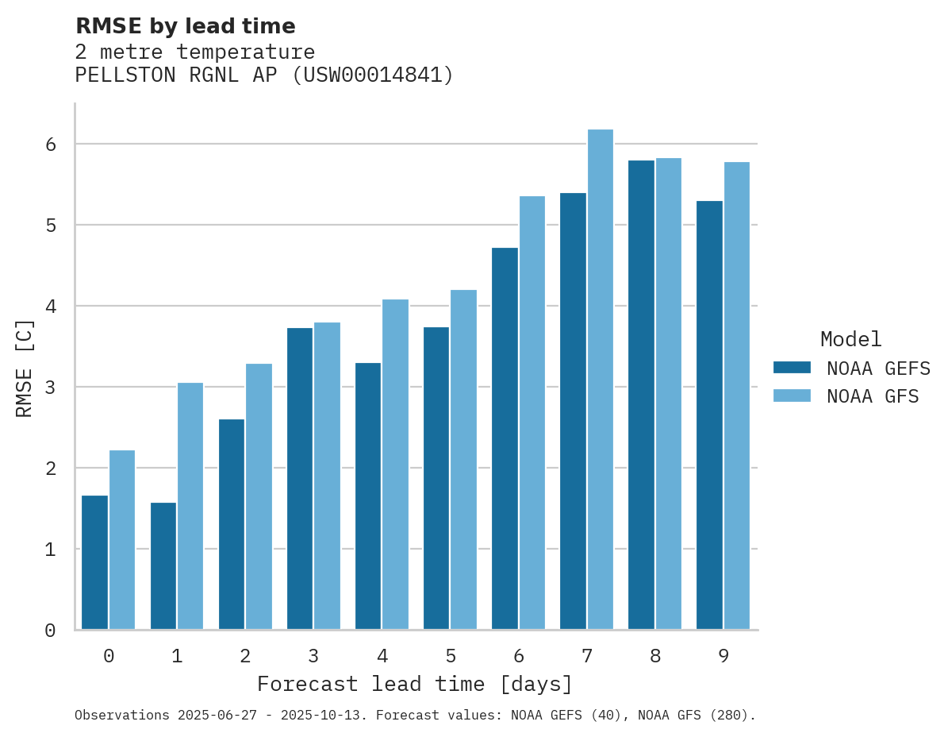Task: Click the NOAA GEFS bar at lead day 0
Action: pos(94,562)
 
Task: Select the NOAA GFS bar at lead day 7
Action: pos(601,380)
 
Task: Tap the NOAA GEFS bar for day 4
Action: pos(368,496)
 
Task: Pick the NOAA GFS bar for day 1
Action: pos(190,506)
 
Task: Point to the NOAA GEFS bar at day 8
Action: pos(641,395)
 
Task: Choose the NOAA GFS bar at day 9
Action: pos(737,396)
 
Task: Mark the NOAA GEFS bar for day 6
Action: pos(505,438)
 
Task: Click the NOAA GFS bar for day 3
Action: pos(327,476)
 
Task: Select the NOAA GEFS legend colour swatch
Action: pos(792,368)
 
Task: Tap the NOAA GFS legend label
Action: pos(873,396)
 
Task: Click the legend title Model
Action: pos(850,339)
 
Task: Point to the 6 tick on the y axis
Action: pos(50,145)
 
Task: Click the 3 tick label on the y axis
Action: pos(50,388)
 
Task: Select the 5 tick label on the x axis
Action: pos(451,656)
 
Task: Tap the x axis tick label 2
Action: pos(245,656)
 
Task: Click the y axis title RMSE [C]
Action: pos(25,367)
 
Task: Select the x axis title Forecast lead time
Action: pos(415,684)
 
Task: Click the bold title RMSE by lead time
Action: pos(185,26)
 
